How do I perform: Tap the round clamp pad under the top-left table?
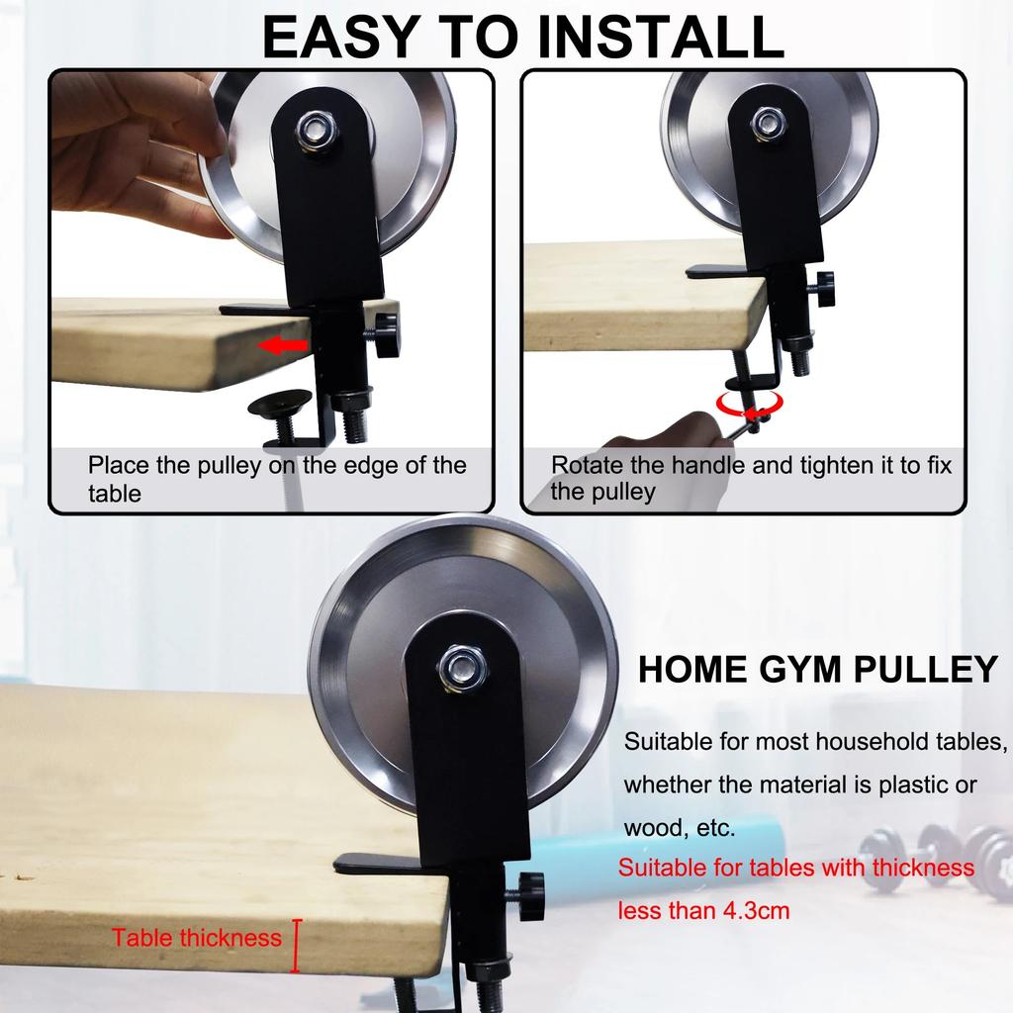pos(278,405)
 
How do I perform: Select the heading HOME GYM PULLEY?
pos(817,670)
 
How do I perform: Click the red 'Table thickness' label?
pos(196,938)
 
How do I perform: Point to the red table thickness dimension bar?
pos(295,945)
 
